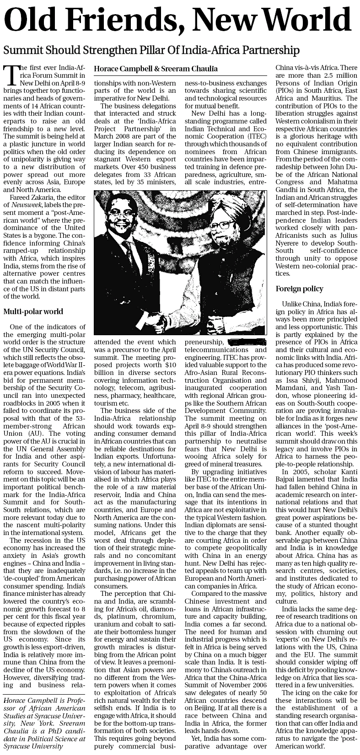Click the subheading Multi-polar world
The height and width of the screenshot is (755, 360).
click(x=33, y=312)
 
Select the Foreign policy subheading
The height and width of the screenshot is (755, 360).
click(x=299, y=289)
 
